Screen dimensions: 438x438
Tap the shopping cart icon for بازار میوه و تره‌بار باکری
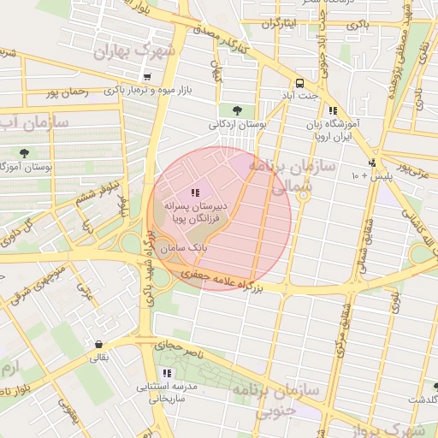coord(147,77)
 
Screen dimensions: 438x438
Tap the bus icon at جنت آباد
coord(299,84)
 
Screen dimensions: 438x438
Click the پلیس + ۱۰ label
coord(366,175)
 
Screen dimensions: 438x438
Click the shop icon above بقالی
coord(101,345)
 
